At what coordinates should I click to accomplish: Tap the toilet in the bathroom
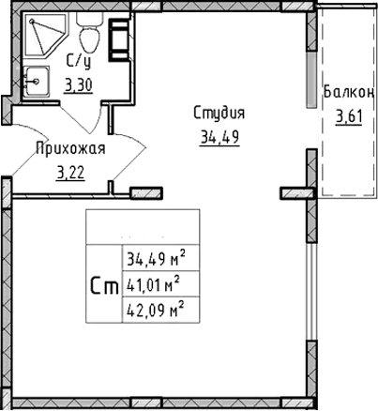[90, 38]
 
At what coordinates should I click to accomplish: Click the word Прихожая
[69, 147]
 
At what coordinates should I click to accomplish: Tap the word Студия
[219, 114]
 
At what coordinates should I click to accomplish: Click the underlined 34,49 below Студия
[219, 138]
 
